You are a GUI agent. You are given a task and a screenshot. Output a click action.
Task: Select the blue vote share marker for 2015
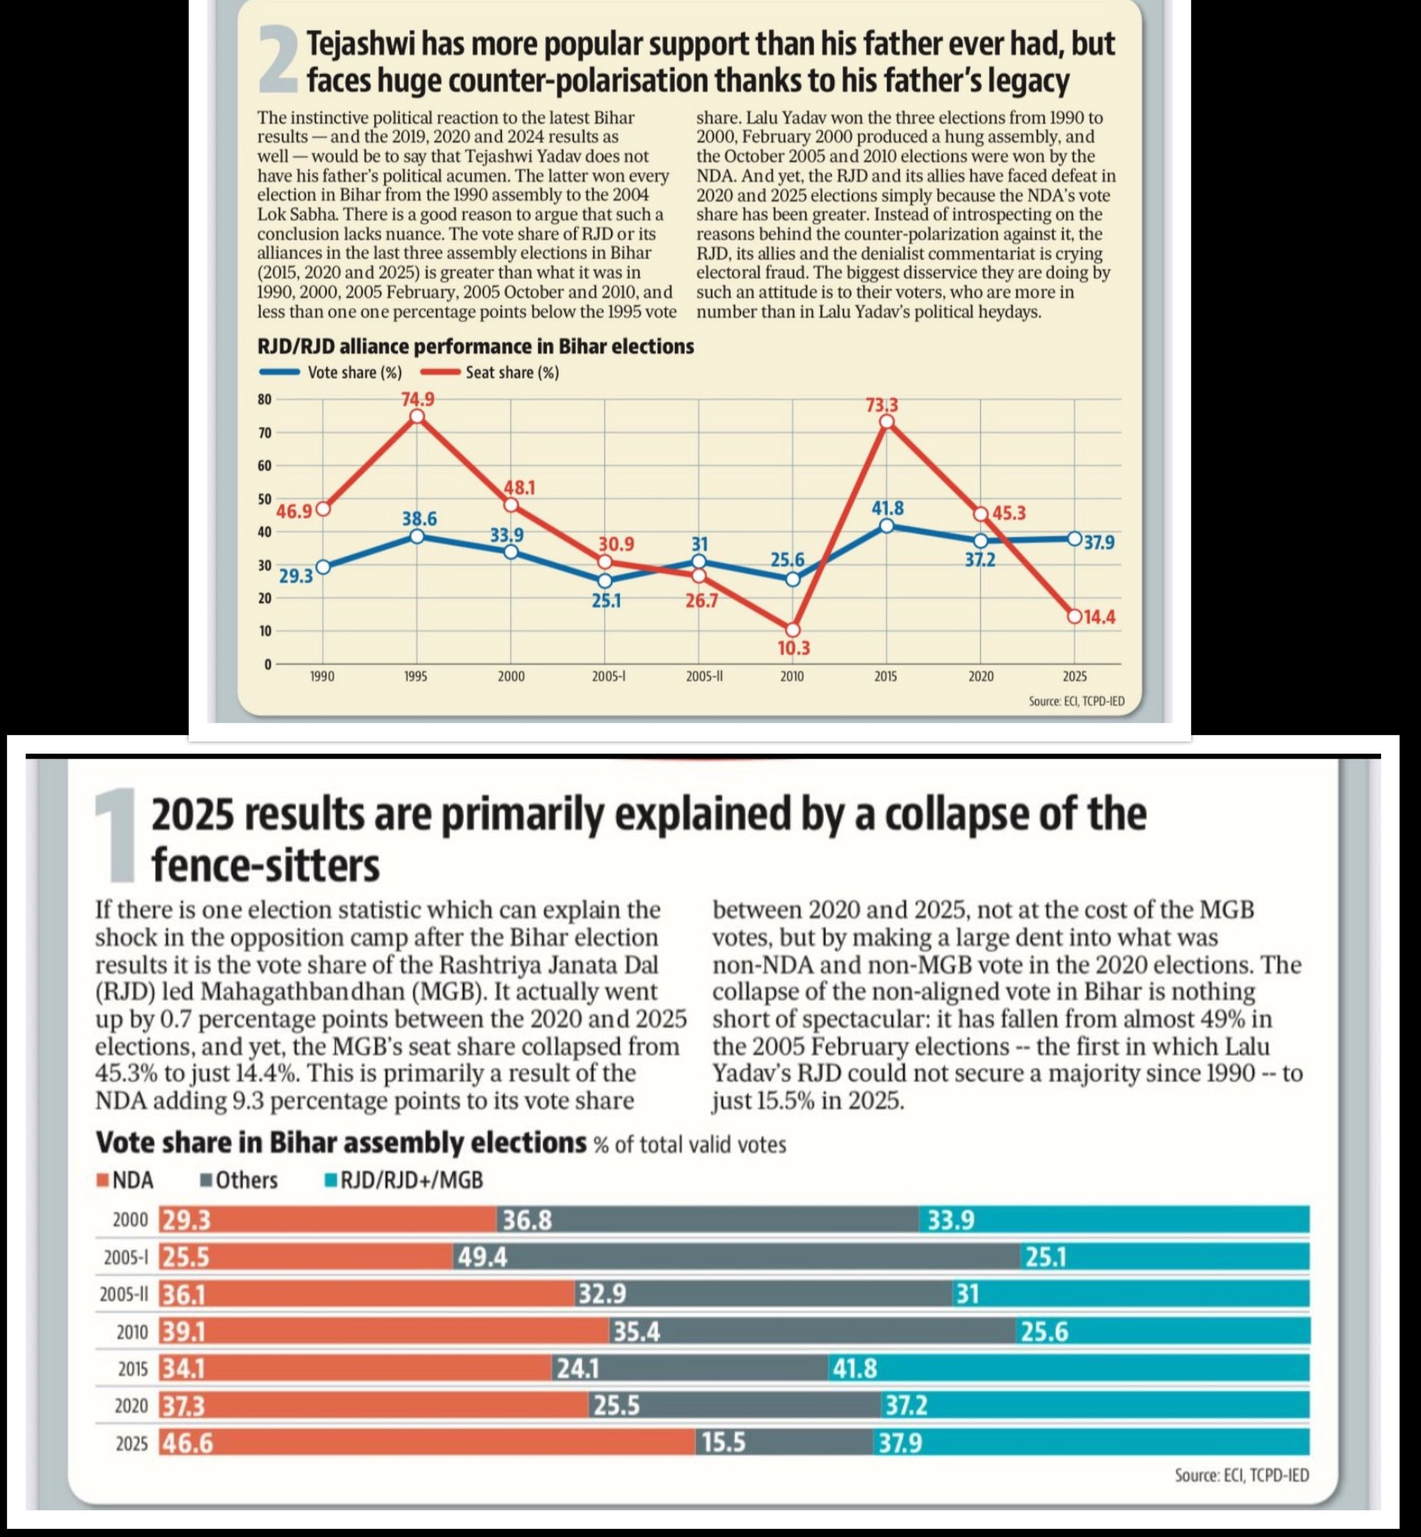click(x=886, y=526)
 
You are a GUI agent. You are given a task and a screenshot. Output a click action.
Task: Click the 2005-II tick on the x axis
click(x=699, y=677)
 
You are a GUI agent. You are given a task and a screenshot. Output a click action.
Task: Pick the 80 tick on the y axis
click(x=265, y=399)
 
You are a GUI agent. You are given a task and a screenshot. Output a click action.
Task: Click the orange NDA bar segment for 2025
click(x=427, y=1443)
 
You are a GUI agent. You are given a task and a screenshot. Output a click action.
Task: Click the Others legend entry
click(x=239, y=1180)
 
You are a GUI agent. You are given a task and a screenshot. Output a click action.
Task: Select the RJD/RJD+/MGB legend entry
click(x=404, y=1180)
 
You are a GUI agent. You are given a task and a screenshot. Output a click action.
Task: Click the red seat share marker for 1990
click(x=323, y=509)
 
